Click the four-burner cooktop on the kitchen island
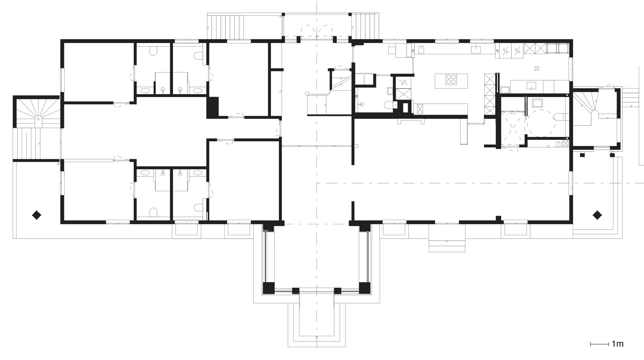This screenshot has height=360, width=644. tap(450, 79)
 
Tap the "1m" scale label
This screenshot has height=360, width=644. tap(617, 344)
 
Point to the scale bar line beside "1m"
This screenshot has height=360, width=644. tap(599, 344)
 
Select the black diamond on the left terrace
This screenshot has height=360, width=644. tap(37, 215)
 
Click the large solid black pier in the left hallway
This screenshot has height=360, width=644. tap(212, 107)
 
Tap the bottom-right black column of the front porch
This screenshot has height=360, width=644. tap(364, 288)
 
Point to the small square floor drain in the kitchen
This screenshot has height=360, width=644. tap(537, 68)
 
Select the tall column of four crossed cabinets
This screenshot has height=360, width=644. tap(490, 94)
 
